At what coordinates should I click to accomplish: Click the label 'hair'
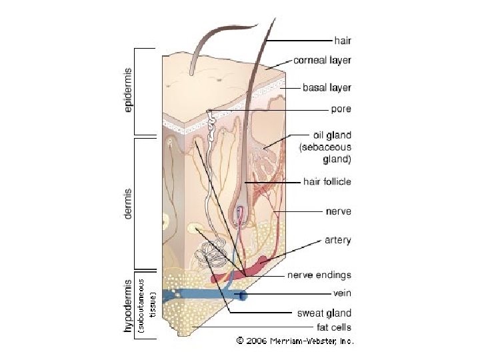tap(343, 40)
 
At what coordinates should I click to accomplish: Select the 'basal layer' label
tap(327, 87)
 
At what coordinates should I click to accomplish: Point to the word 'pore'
tap(341, 108)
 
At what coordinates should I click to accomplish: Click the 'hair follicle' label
tap(327, 181)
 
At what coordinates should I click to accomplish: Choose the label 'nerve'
tap(338, 211)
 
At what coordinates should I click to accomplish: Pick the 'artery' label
tap(337, 240)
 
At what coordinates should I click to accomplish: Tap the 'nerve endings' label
tap(319, 275)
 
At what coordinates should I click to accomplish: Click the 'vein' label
tap(342, 292)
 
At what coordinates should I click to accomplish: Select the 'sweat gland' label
tap(324, 313)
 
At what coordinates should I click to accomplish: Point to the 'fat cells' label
tap(333, 327)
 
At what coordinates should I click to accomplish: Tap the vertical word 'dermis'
tap(129, 202)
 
